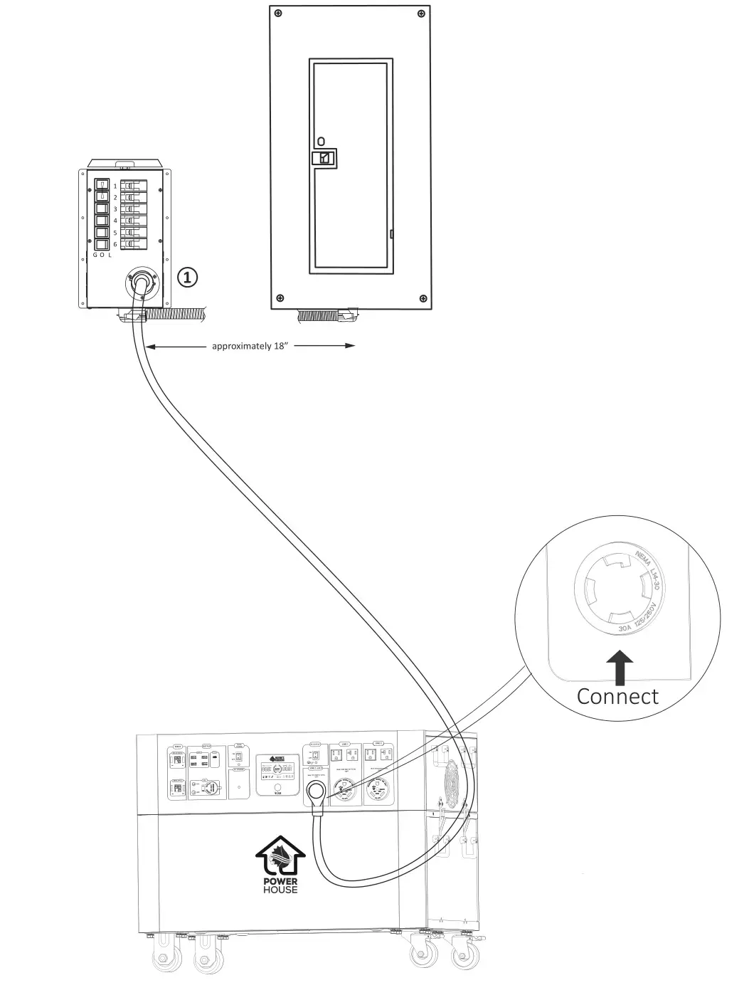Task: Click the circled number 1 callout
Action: tap(187, 277)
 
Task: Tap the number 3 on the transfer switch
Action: tap(115, 209)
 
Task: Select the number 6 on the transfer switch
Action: tap(115, 244)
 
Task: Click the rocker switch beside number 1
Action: tap(102, 186)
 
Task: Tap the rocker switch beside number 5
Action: tap(102, 233)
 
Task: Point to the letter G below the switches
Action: tap(95, 255)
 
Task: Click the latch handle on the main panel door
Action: tap(324, 157)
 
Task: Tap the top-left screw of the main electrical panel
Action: tap(278, 14)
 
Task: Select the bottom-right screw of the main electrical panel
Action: tap(423, 298)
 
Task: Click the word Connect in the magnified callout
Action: tap(617, 696)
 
